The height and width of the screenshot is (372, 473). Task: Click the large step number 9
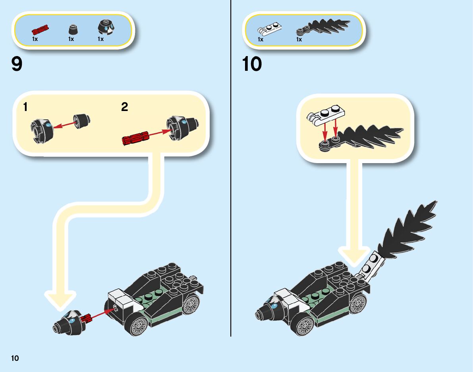click(17, 64)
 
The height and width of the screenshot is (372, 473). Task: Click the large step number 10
click(252, 64)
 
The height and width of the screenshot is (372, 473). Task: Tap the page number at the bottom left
click(15, 358)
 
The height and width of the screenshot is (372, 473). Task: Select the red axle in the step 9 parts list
click(40, 30)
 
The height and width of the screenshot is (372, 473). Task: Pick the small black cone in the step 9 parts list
click(73, 29)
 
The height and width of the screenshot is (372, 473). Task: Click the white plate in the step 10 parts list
click(269, 29)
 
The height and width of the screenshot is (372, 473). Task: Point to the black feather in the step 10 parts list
click(323, 27)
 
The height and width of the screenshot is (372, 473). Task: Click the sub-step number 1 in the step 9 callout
click(25, 107)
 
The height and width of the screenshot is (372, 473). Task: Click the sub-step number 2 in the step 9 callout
click(125, 107)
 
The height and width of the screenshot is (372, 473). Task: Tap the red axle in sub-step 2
click(136, 138)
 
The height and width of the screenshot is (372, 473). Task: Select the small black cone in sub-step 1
click(82, 121)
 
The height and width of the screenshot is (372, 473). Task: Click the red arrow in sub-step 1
click(64, 125)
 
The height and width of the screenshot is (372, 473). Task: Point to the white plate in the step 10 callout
click(326, 115)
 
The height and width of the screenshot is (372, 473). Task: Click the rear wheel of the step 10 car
click(358, 303)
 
